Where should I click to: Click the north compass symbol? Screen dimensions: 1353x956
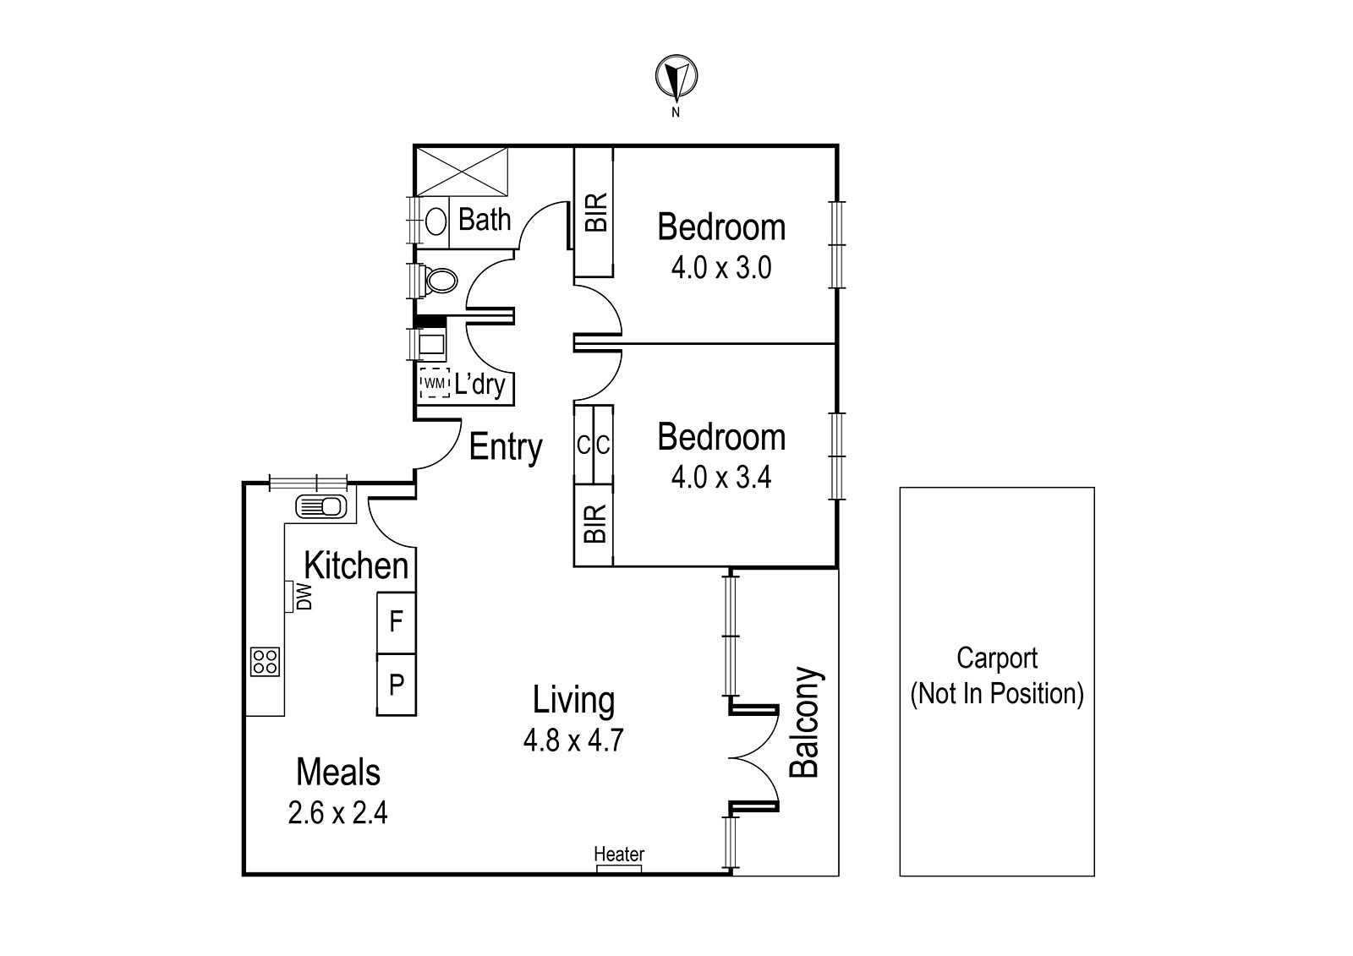[x=676, y=77]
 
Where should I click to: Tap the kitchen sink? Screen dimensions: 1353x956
[x=321, y=506]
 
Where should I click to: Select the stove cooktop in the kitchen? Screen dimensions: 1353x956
[x=266, y=661]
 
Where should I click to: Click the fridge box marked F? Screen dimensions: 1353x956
[x=397, y=623]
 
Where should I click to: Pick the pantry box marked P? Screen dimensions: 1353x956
[x=397, y=685]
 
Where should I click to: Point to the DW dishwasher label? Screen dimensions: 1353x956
[x=305, y=596]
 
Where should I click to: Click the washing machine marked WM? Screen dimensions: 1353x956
[x=435, y=383]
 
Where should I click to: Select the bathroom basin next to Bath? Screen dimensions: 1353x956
[x=435, y=221]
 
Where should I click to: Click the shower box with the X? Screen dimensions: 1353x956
[x=462, y=172]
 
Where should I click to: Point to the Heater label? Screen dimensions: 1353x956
[x=619, y=854]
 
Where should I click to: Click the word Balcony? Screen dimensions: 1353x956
[x=804, y=722]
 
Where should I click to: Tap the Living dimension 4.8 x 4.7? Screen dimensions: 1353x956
[x=573, y=741]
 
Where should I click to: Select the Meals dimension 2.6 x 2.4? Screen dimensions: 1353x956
[x=337, y=813]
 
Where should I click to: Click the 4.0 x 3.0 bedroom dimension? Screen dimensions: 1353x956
[x=721, y=268]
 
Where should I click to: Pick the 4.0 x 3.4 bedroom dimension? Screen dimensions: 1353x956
[x=721, y=478]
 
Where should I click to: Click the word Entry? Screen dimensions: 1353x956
[x=506, y=448]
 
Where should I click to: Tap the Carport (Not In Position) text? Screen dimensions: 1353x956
[x=997, y=676]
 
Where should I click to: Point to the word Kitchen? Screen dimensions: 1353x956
[x=356, y=565]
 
